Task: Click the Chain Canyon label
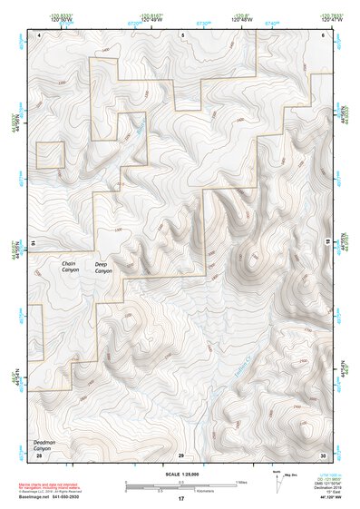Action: coord(70,267)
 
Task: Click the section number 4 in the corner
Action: coord(40,34)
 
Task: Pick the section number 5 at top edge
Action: coord(183,34)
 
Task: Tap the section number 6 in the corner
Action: coord(323,34)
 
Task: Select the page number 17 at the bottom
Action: coord(181,499)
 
